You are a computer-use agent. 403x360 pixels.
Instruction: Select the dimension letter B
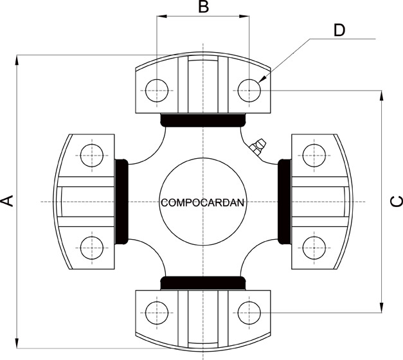coord(204,7)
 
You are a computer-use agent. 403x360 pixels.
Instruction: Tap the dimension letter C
coord(396,201)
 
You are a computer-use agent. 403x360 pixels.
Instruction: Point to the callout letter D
coord(339,30)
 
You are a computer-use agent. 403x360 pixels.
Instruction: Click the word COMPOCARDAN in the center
coord(202,203)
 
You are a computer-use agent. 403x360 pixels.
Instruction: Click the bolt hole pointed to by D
coord(249,91)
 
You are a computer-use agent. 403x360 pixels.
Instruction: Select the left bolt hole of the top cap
coord(157,91)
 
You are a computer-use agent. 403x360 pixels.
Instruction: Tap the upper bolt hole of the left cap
coord(92,156)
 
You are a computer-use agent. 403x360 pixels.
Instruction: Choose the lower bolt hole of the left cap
coord(92,248)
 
